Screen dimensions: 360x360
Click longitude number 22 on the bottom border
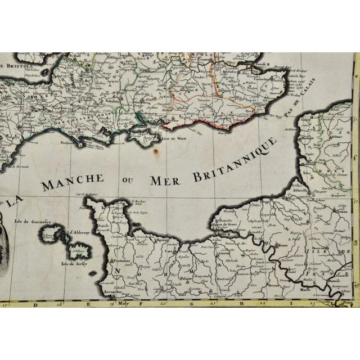point(261,304)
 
